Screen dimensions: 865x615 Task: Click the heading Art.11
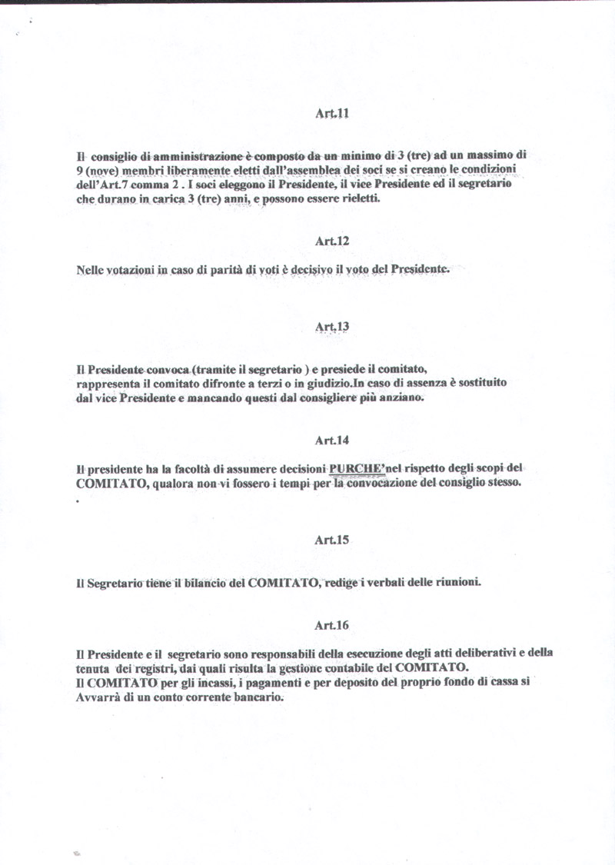pos(332,113)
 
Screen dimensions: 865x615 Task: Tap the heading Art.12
pos(332,241)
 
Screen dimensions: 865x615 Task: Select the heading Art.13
pos(332,327)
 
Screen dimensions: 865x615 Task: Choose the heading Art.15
pos(332,540)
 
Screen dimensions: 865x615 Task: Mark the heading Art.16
pos(332,625)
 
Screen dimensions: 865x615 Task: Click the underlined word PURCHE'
pos(357,468)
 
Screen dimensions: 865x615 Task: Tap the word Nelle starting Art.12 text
pos(92,271)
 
